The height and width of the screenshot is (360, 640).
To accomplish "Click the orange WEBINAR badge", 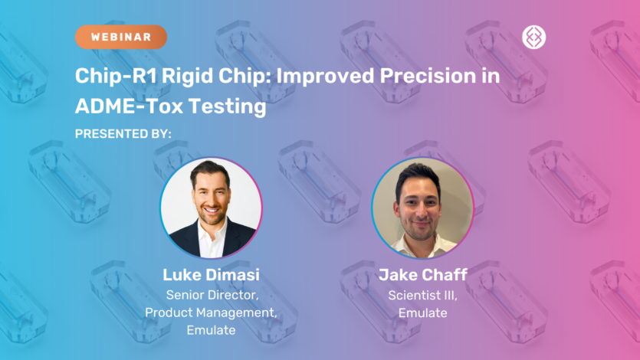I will [x=120, y=37].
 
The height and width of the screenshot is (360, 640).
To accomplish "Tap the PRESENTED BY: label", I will [x=123, y=134].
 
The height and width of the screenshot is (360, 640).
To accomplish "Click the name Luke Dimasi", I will [x=211, y=274].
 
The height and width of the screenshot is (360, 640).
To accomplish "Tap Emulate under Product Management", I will [x=211, y=331].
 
